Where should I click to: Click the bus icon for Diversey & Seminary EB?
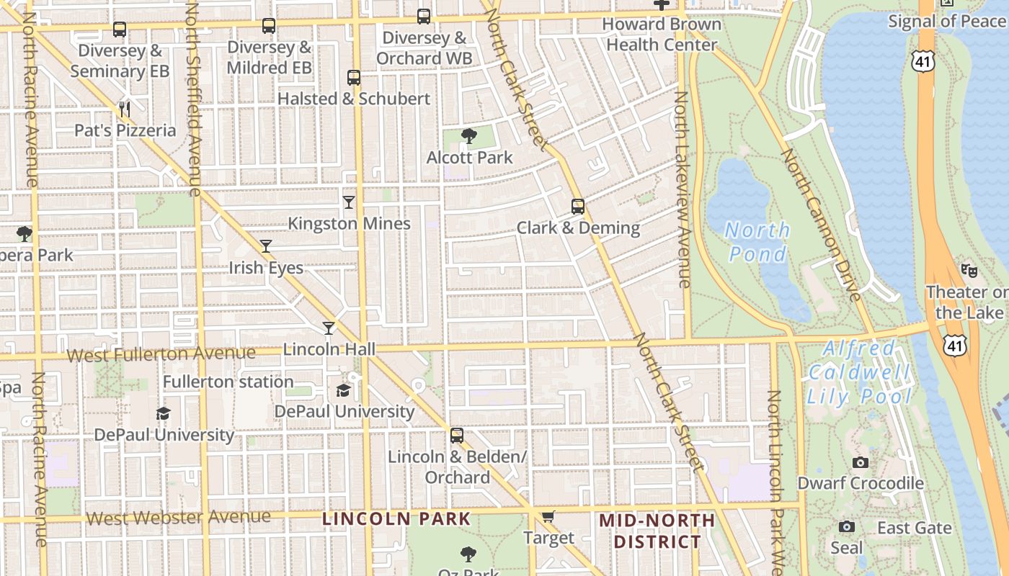tap(120, 30)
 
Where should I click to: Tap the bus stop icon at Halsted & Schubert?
tap(353, 77)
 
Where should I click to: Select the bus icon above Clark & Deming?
tap(577, 207)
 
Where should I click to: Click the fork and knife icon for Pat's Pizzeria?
tap(125, 109)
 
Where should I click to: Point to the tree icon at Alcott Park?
tap(469, 136)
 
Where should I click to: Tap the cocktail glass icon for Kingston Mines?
tap(349, 202)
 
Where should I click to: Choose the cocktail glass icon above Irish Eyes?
tap(266, 246)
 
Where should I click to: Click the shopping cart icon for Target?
tap(548, 516)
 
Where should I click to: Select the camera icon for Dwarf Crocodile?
tap(860, 462)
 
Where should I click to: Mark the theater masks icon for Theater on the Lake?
tap(969, 271)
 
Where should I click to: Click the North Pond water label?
tap(757, 242)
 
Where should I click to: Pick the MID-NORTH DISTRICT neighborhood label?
tap(657, 531)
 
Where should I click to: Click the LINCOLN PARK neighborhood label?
tap(396, 518)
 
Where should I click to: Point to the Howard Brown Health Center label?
tap(662, 34)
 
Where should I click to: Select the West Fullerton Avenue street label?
tap(161, 354)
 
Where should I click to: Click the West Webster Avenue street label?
tap(178, 517)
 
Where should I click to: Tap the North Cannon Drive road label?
tap(821, 224)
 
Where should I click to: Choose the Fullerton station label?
tap(228, 382)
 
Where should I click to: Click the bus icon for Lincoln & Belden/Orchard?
tap(456, 436)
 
